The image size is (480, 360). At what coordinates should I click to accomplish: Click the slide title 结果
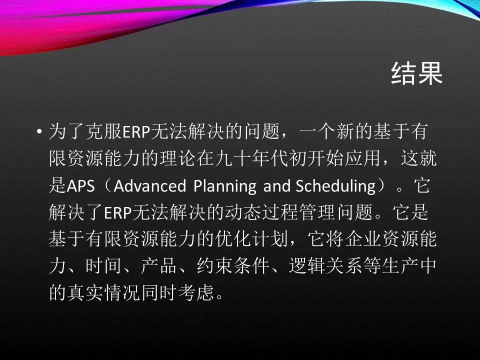(417, 73)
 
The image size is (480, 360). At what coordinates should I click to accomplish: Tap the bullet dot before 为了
(39, 132)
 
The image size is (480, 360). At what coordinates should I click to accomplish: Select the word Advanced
(149, 186)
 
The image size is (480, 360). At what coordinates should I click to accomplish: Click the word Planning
(225, 186)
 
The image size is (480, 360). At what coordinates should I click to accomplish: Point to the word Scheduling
(335, 186)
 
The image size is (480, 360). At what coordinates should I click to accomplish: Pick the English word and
(276, 186)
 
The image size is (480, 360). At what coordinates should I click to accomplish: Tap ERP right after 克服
(136, 132)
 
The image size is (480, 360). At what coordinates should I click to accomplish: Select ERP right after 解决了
(118, 212)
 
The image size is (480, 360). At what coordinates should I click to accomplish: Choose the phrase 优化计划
(251, 239)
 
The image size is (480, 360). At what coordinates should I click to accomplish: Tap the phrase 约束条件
(232, 265)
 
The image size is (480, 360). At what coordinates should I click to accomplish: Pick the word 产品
(158, 265)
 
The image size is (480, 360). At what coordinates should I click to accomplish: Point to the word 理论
(177, 158)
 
